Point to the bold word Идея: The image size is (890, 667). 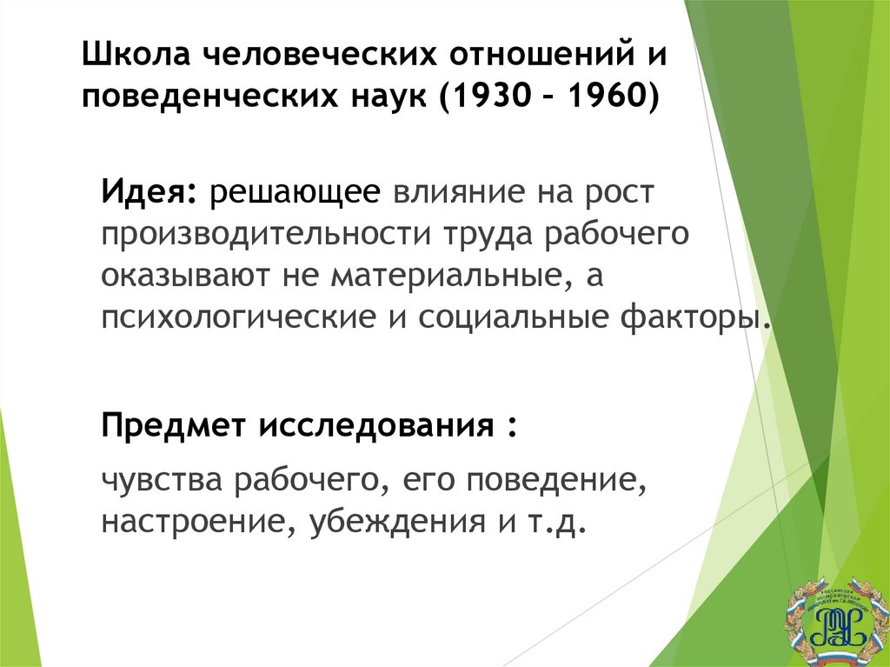[147, 191]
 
